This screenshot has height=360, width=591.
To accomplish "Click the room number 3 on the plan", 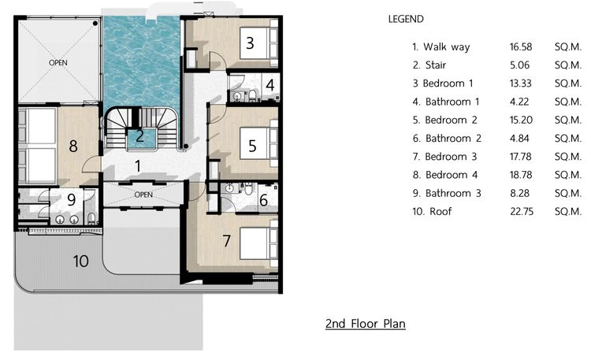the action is tap(250, 43).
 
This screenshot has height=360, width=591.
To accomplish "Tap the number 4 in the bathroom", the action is tap(269, 85).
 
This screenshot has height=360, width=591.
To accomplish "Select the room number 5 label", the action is tap(252, 146).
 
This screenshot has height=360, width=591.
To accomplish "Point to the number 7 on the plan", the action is tap(226, 241).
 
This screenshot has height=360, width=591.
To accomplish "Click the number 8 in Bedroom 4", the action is tap(73, 146).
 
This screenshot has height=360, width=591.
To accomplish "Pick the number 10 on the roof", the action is tap(80, 262).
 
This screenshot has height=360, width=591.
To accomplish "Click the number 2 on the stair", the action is tap(139, 136).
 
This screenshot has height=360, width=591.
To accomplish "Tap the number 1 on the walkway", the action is tap(138, 166).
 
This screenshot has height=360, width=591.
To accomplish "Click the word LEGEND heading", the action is tap(406, 19).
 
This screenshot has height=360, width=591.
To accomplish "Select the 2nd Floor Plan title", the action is tap(365, 324).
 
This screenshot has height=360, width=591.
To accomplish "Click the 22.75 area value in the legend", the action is tap(522, 211).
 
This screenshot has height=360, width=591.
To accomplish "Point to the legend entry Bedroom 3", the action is tap(451, 157).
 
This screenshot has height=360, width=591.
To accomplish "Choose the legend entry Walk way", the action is tap(447, 47).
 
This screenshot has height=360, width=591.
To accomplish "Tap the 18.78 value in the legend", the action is tap(521, 175).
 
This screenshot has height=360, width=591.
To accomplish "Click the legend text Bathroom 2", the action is tap(453, 139).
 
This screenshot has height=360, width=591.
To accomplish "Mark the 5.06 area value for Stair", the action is tap(520, 65).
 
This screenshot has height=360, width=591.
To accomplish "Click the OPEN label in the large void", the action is tap(58, 62).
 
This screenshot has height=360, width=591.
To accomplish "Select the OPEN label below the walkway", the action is tap(143, 195).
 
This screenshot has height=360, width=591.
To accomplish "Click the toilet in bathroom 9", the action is tap(91, 218).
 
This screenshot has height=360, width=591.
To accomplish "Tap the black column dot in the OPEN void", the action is tap(95, 24).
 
